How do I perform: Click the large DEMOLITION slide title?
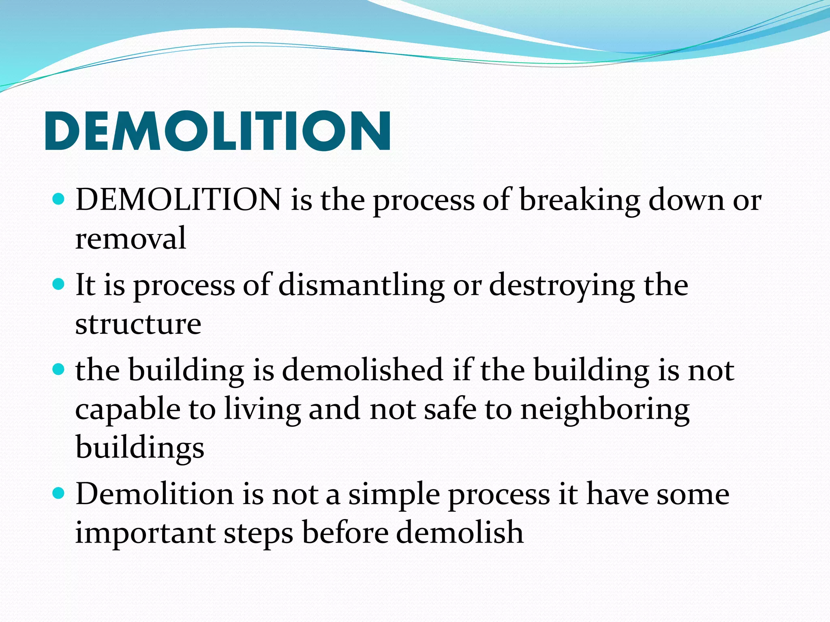coord(218,131)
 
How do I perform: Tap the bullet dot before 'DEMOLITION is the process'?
coord(59,200)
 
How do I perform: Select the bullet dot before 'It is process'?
coord(59,285)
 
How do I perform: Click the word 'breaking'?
coord(580,200)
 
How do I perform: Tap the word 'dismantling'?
coord(362,285)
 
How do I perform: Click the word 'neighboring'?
coord(605,410)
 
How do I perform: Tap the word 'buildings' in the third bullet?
coord(140,448)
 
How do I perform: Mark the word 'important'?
coord(145,533)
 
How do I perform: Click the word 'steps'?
coord(259,534)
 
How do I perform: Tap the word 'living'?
coord(263,410)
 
